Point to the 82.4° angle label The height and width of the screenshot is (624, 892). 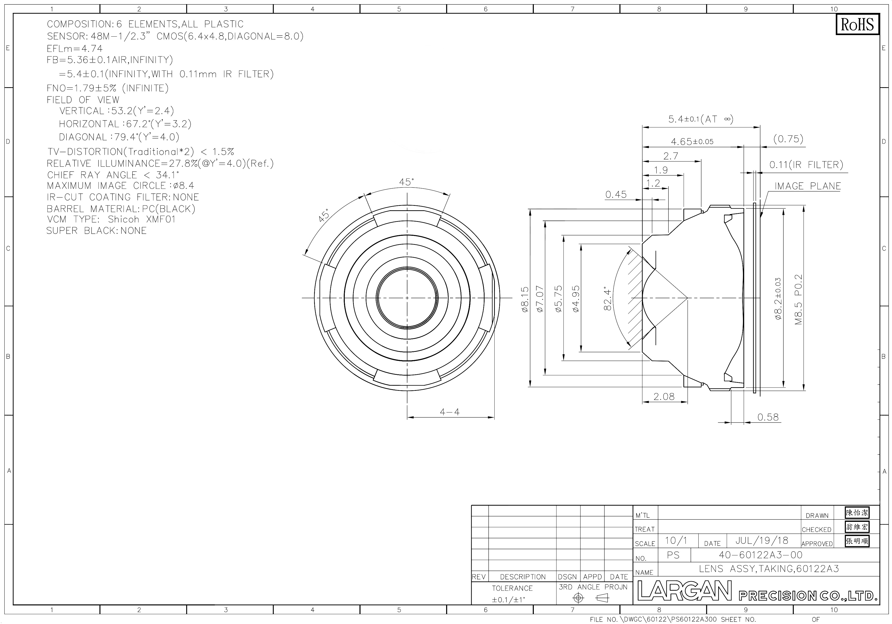click(608, 298)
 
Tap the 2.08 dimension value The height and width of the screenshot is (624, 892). click(664, 397)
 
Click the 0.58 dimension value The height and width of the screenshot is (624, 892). click(768, 417)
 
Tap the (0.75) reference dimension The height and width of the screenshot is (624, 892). click(788, 139)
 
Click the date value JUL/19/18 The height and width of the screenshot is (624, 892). click(762, 540)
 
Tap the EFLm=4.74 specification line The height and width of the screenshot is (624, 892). click(75, 48)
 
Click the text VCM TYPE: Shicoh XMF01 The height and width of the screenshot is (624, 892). click(111, 219)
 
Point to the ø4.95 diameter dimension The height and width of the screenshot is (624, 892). click(576, 299)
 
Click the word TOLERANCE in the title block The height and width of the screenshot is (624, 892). click(512, 588)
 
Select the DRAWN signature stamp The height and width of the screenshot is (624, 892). click(857, 513)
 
